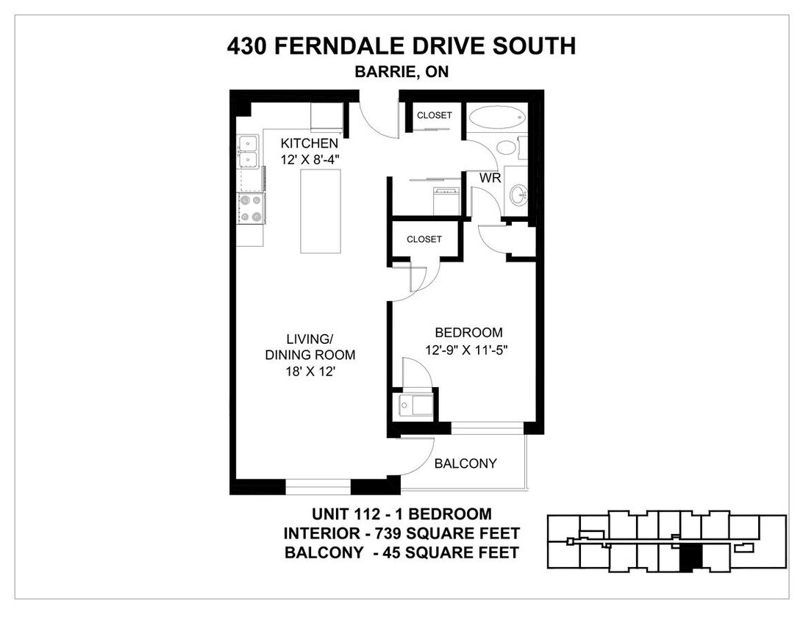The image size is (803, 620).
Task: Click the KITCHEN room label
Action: (309, 143)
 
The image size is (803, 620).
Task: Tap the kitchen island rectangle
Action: (321, 211)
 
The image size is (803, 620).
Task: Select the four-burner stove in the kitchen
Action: (250, 208)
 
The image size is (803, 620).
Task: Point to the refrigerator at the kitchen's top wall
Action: (326, 117)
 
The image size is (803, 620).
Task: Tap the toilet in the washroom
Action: (508, 147)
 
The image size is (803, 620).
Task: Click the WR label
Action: (490, 179)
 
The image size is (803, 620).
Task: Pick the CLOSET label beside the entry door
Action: (435, 115)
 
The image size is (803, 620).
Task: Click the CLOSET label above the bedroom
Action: (424, 239)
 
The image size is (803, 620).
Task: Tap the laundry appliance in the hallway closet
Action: (446, 201)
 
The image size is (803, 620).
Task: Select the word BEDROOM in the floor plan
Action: (468, 333)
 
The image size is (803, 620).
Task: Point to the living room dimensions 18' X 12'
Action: (310, 372)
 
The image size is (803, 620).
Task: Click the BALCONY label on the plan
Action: (465, 464)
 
